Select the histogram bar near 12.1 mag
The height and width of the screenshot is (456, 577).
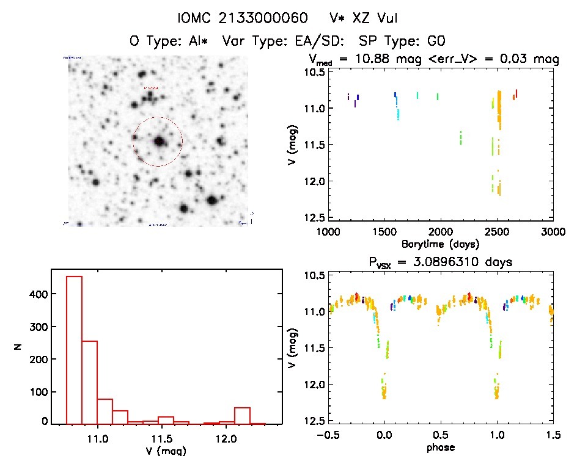point(243,415)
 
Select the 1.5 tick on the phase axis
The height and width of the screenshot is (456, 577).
point(553,435)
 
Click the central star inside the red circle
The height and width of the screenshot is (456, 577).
point(160,141)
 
